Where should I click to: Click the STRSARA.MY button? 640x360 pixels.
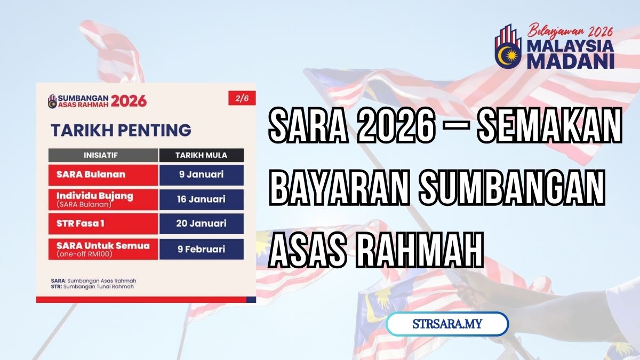tap(447, 324)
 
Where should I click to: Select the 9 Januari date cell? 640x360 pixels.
tap(201, 175)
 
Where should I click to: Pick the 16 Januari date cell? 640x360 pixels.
tap(201, 199)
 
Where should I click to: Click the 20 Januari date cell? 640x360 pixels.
tap(201, 224)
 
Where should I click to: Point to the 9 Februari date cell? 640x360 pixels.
tap(201, 249)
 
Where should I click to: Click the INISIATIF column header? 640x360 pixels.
tap(103, 156)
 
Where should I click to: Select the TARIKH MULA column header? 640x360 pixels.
tap(201, 156)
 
